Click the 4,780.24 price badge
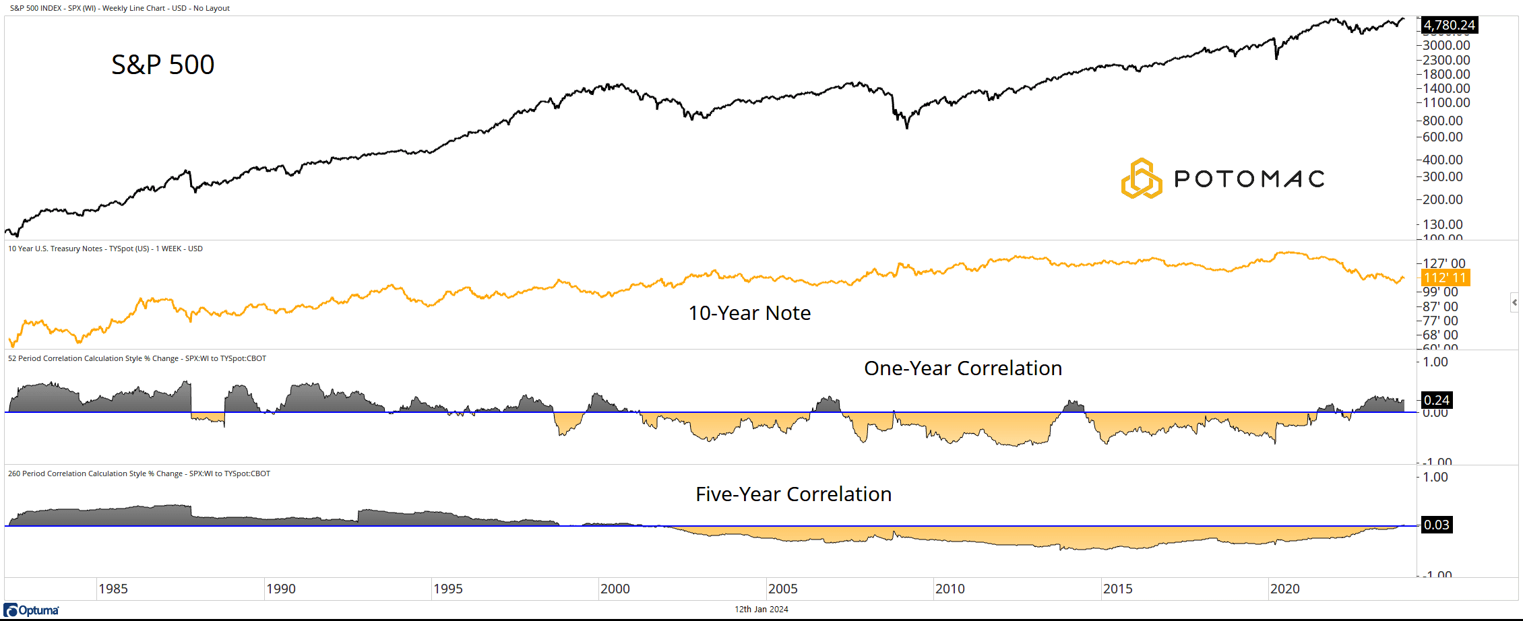pyautogui.click(x=1449, y=26)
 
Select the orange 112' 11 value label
pyautogui.click(x=1445, y=277)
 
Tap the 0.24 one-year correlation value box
pyautogui.click(x=1436, y=400)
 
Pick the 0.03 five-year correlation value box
pyautogui.click(x=1436, y=525)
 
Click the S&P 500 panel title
pyautogui.click(x=162, y=65)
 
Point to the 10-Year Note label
pyautogui.click(x=749, y=313)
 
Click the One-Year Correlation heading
pyautogui.click(x=963, y=368)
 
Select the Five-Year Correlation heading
pyautogui.click(x=793, y=494)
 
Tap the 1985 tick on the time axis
pyautogui.click(x=113, y=589)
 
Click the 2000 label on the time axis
pyautogui.click(x=615, y=589)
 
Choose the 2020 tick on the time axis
pyautogui.click(x=1284, y=589)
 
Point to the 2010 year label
pyautogui.click(x=950, y=589)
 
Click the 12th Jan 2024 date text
pyautogui.click(x=761, y=610)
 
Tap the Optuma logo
pyautogui.click(x=32, y=610)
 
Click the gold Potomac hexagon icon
pyautogui.click(x=1141, y=178)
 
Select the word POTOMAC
pyautogui.click(x=1249, y=179)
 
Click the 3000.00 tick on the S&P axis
pyautogui.click(x=1446, y=45)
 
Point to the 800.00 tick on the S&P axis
pyautogui.click(x=1442, y=121)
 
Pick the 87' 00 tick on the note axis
pyautogui.click(x=1440, y=306)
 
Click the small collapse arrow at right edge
pyautogui.click(x=1514, y=302)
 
